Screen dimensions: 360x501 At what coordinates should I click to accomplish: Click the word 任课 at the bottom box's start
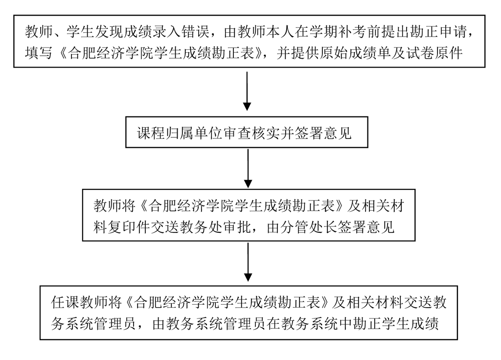click(64, 302)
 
